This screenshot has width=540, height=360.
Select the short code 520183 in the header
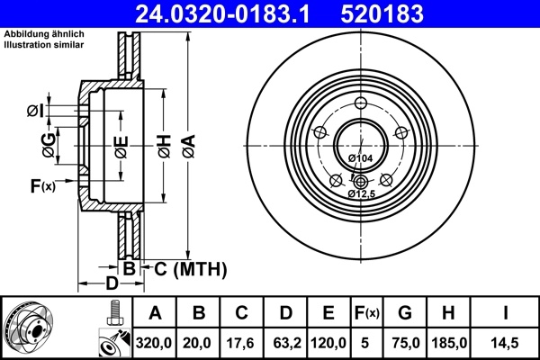[392, 13]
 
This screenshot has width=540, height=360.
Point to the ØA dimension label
[188, 141]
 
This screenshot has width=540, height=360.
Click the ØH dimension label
[164, 141]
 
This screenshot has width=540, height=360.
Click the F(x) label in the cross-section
[41, 186]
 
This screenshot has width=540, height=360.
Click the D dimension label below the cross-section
[111, 284]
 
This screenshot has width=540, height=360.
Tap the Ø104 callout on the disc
[360, 158]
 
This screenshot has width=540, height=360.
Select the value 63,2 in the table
[285, 342]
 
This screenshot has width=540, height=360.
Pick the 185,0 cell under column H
[450, 342]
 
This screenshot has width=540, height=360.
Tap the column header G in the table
[405, 313]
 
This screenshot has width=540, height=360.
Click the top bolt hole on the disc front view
[360, 102]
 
